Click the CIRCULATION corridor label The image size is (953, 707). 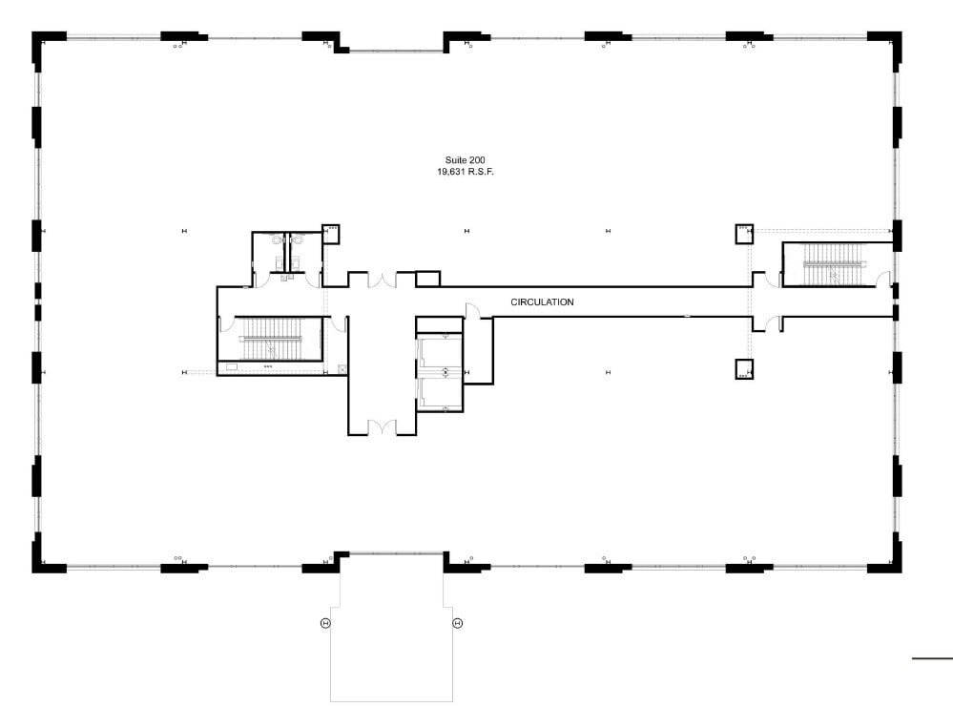point(542,302)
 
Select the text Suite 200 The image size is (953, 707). point(465,160)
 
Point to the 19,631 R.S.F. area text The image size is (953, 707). point(466,172)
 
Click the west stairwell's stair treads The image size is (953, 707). point(272,339)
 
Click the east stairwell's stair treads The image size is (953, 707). point(834,264)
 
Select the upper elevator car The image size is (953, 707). point(441,353)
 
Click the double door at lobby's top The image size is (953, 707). point(382,281)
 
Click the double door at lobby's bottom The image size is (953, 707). point(382,427)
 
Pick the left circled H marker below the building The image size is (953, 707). point(325,623)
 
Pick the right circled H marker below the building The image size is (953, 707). point(458,623)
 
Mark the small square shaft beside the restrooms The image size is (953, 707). point(331,234)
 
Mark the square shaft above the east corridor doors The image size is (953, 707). point(744,234)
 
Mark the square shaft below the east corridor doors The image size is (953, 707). point(744,369)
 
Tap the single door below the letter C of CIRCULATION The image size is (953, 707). point(472,311)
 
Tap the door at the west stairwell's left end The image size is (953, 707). point(225,323)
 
